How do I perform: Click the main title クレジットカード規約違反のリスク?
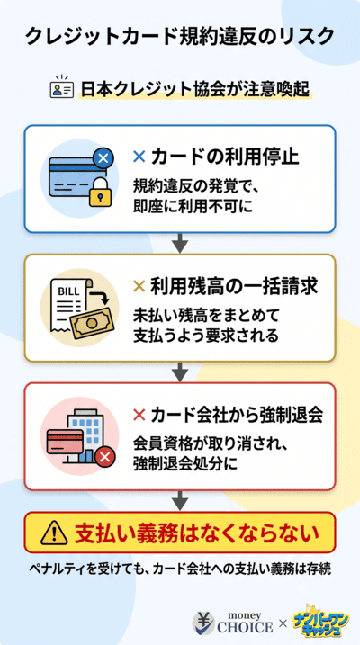(x=180, y=37)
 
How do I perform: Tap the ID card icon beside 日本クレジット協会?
(x=62, y=86)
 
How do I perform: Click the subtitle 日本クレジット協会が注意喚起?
(x=195, y=88)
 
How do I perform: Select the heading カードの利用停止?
(x=225, y=157)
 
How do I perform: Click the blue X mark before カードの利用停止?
(x=139, y=157)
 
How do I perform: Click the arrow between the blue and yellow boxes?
(x=180, y=243)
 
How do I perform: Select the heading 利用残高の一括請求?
(x=234, y=287)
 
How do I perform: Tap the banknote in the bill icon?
(x=91, y=323)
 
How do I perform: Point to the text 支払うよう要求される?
(x=206, y=336)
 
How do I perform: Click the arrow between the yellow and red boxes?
(x=180, y=372)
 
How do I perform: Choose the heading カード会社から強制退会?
(x=237, y=416)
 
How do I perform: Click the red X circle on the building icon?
(x=105, y=457)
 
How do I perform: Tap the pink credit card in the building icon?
(x=65, y=442)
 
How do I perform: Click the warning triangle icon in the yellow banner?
(x=54, y=533)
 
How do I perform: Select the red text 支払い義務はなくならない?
(x=197, y=533)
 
